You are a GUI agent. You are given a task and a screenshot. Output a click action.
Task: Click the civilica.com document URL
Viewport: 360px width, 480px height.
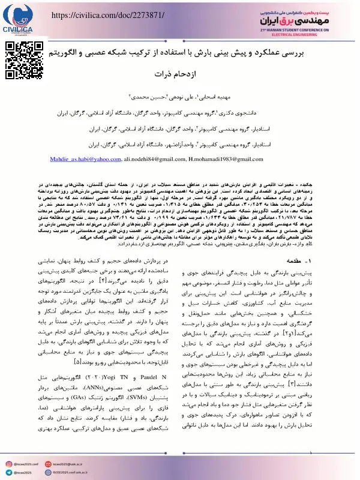pos(104,14)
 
